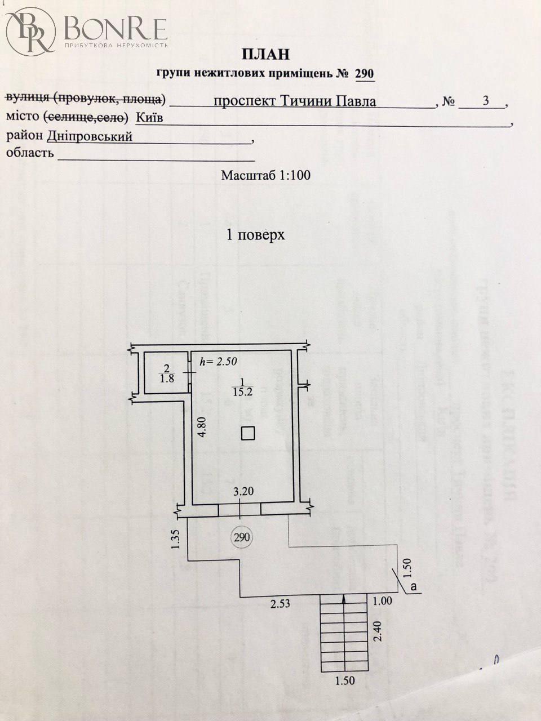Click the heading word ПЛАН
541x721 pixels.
[265, 54]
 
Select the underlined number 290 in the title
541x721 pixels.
[364, 74]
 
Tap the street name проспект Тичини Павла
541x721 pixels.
[295, 102]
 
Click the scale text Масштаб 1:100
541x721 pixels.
[265, 175]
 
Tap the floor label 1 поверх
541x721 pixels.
[255, 235]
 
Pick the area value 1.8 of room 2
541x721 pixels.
[166, 379]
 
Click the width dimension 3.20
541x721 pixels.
[243, 491]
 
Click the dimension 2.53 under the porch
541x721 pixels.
[280, 605]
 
